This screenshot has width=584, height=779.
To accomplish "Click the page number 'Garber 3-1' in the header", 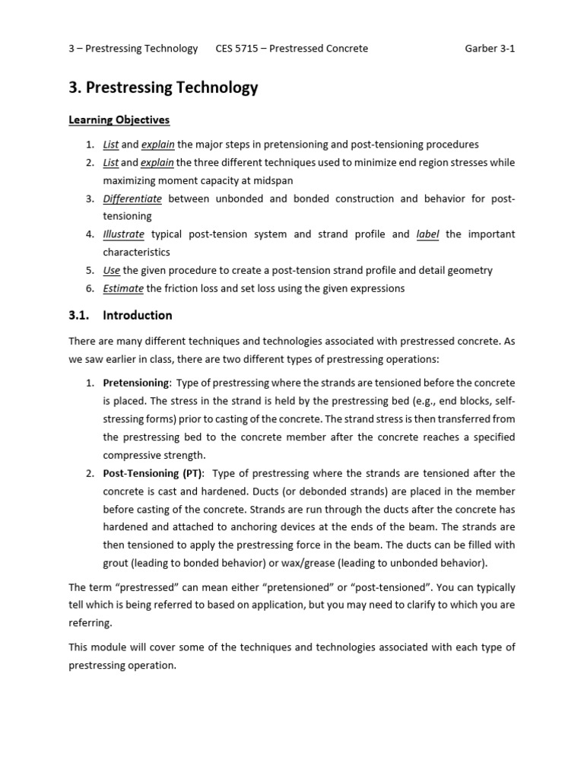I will click(490, 48).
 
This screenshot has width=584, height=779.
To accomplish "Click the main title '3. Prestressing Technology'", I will click(163, 87).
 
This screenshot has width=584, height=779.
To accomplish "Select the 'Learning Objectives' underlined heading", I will click(119, 120).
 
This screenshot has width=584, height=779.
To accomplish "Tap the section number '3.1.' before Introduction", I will click(80, 315).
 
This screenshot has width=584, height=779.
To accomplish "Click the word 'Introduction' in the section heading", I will click(138, 315).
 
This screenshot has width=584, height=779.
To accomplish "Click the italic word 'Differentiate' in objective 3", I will click(132, 199).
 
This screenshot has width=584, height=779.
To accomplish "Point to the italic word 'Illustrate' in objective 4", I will click(124, 234).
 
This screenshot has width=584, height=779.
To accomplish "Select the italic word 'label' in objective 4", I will click(428, 234).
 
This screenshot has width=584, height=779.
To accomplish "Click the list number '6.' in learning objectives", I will click(90, 288).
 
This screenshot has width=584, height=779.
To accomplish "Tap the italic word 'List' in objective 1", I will click(111, 145).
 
